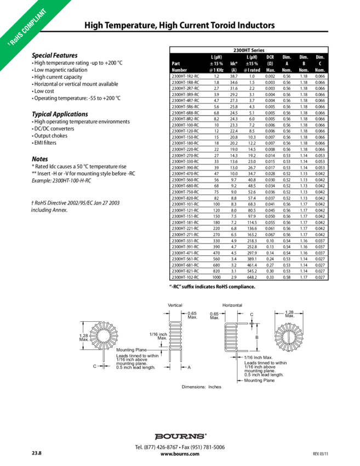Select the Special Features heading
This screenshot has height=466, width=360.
coord(55,55)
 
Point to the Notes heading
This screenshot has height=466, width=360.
coord(41,158)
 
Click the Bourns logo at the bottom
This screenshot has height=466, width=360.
coord(180,436)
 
